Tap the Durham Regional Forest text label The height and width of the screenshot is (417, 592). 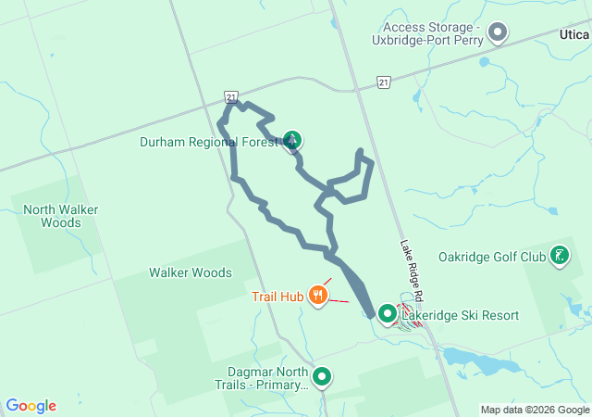tap(209, 142)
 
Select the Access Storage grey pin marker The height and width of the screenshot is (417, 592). tap(498, 33)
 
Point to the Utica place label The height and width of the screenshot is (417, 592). tap(573, 33)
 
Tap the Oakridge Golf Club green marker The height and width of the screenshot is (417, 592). tap(560, 256)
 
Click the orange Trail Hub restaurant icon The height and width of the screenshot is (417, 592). tap(318, 296)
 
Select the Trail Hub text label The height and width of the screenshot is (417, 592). tap(276, 297)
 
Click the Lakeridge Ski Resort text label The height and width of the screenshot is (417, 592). tap(461, 316)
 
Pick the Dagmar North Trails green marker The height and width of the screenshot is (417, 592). tap(322, 376)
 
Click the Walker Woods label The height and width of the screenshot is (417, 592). tap(191, 272)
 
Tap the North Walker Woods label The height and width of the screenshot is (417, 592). tap(61, 216)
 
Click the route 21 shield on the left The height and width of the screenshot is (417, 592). tap(232, 96)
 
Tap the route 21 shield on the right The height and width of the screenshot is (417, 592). tap(384, 82)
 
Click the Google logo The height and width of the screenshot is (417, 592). tap(31, 406)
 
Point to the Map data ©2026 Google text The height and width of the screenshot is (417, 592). tap(535, 410)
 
